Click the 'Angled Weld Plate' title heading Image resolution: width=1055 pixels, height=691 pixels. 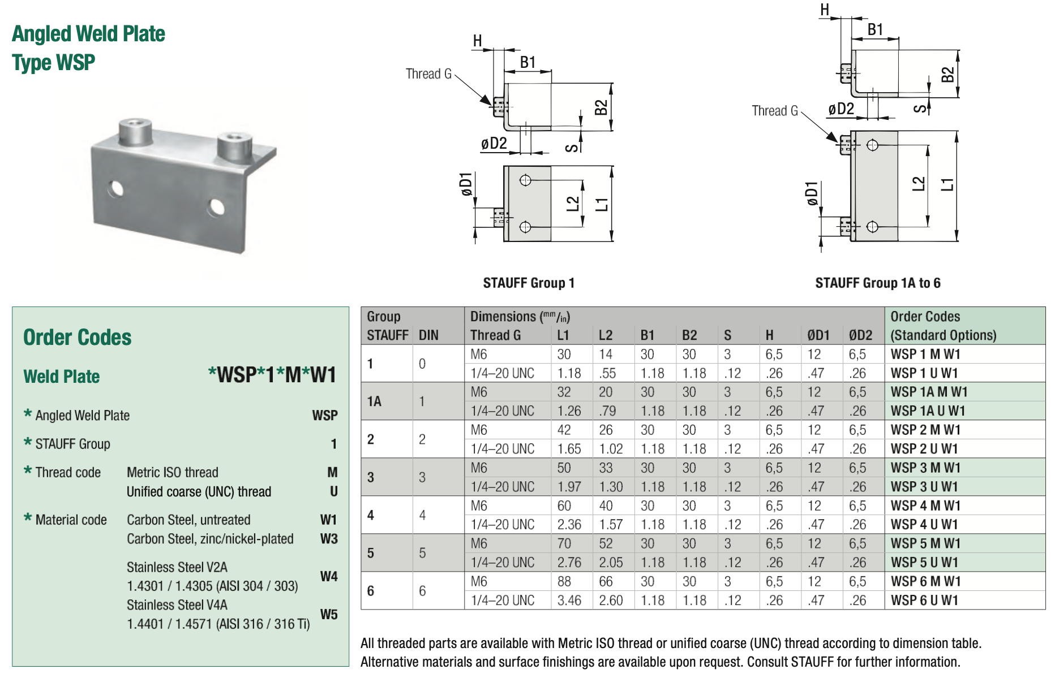pyautogui.click(x=88, y=34)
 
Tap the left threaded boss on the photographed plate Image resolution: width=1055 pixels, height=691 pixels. pyautogui.click(x=135, y=131)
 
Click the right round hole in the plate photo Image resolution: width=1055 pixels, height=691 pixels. pyautogui.click(x=216, y=207)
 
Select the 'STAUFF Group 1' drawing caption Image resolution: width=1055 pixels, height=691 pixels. pyautogui.click(x=529, y=283)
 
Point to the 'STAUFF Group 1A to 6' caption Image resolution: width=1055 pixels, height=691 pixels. pyautogui.click(x=877, y=283)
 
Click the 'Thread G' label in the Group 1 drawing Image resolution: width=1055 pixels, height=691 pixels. pyautogui.click(x=428, y=74)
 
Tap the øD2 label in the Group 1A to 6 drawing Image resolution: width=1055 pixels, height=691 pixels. pyautogui.click(x=840, y=109)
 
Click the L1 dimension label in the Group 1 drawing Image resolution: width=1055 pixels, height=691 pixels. pyautogui.click(x=602, y=204)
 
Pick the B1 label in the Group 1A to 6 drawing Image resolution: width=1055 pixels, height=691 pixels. pyautogui.click(x=875, y=29)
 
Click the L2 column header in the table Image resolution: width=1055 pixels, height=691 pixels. pyautogui.click(x=605, y=335)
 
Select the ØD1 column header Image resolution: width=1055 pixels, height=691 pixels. pyautogui.click(x=818, y=335)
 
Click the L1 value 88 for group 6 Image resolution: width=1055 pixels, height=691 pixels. pyautogui.click(x=564, y=581)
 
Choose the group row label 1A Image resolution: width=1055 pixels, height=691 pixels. pyautogui.click(x=374, y=401)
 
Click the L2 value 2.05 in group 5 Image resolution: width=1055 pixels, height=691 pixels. pyautogui.click(x=611, y=563)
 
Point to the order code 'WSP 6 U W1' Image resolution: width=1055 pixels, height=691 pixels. pyautogui.click(x=924, y=601)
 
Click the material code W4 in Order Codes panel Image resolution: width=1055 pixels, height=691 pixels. pyautogui.click(x=328, y=576)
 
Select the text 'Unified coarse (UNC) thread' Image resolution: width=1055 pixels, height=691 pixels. pyautogui.click(x=199, y=492)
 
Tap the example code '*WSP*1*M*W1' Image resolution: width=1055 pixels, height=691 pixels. pyautogui.click(x=272, y=374)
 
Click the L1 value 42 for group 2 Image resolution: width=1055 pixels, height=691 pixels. pyautogui.click(x=564, y=430)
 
